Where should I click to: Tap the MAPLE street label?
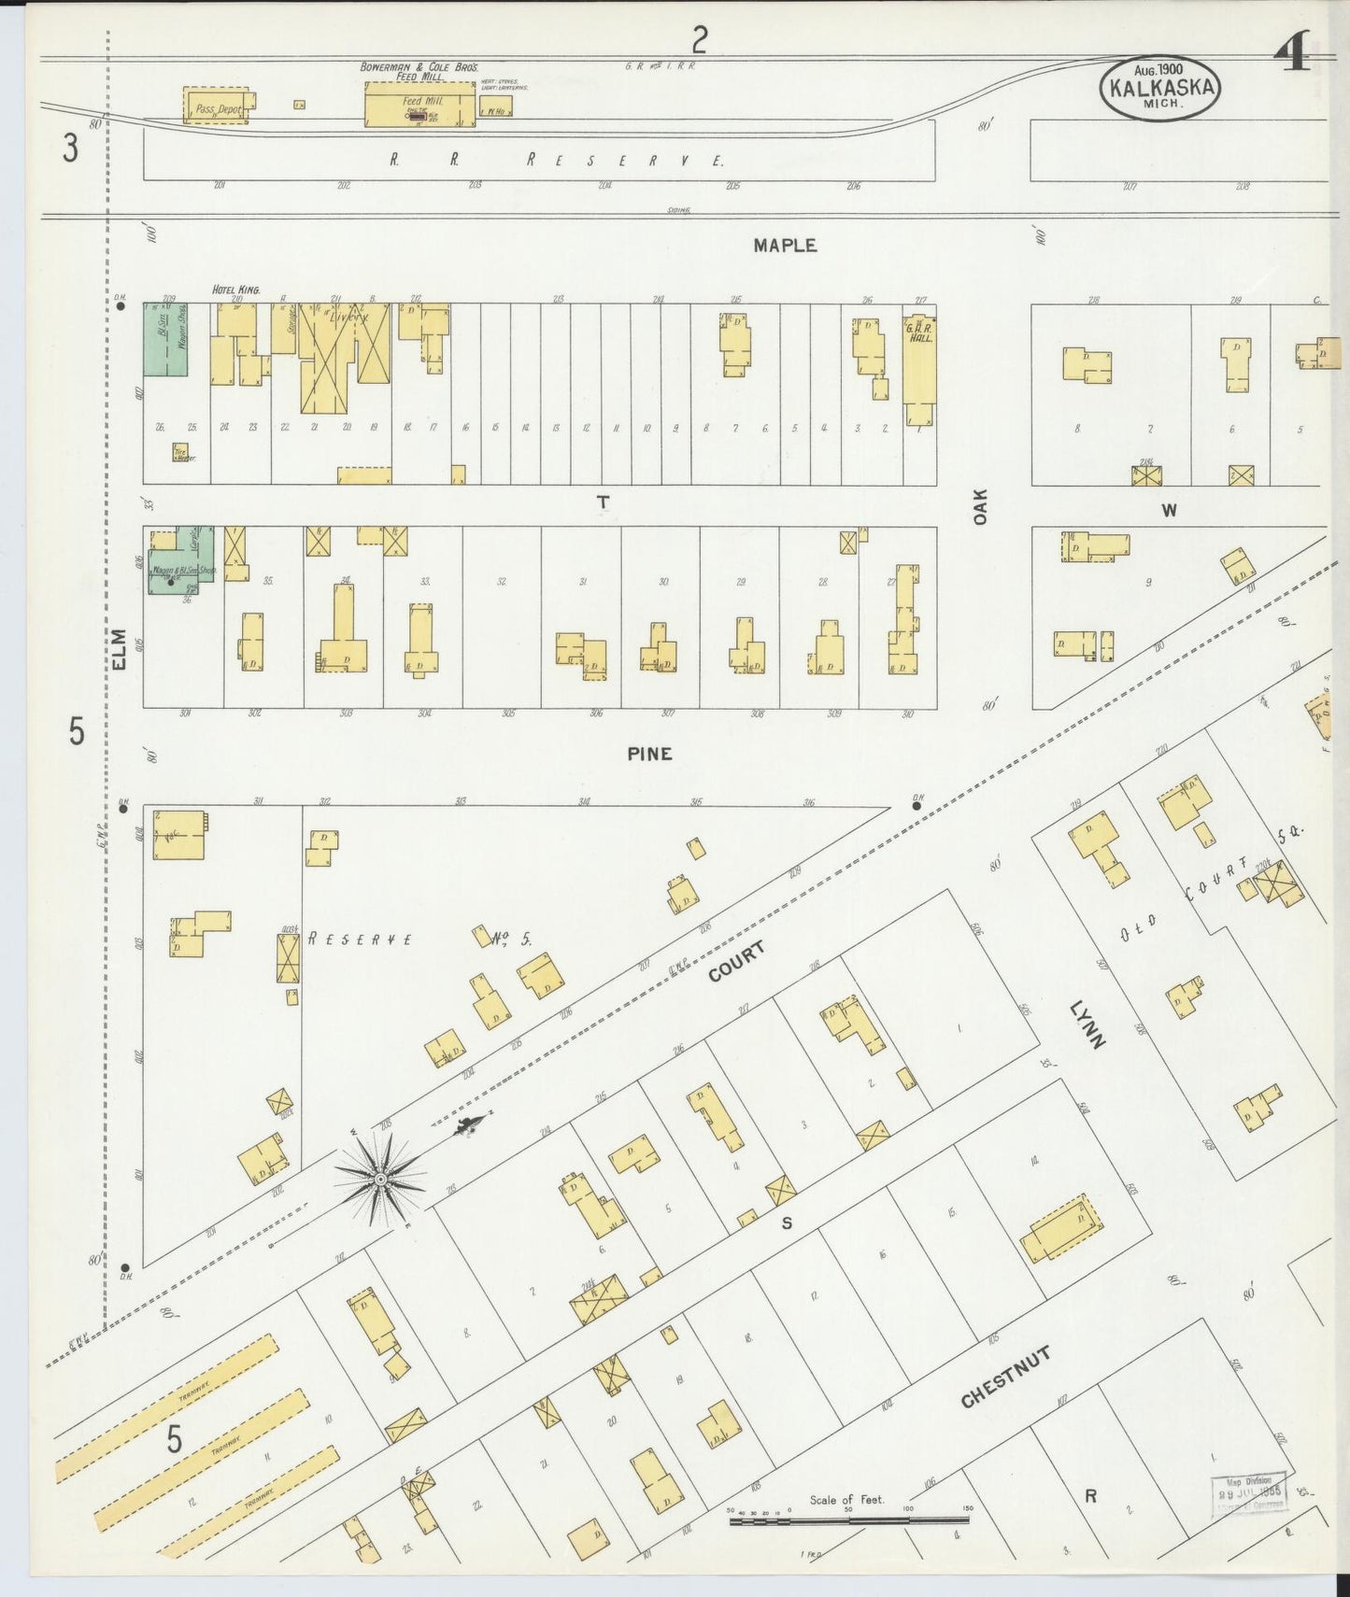click(785, 246)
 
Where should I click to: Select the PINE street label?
click(649, 754)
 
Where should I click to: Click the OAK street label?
click(980, 506)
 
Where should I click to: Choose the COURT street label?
click(737, 962)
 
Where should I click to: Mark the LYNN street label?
click(1088, 1025)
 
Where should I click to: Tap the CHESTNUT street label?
click(1006, 1378)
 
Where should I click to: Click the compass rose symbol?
click(380, 1180)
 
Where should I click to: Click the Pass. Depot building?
click(217, 107)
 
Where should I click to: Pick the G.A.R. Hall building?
click(919, 364)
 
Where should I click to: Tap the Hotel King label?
click(235, 290)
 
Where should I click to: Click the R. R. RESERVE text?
click(557, 160)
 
